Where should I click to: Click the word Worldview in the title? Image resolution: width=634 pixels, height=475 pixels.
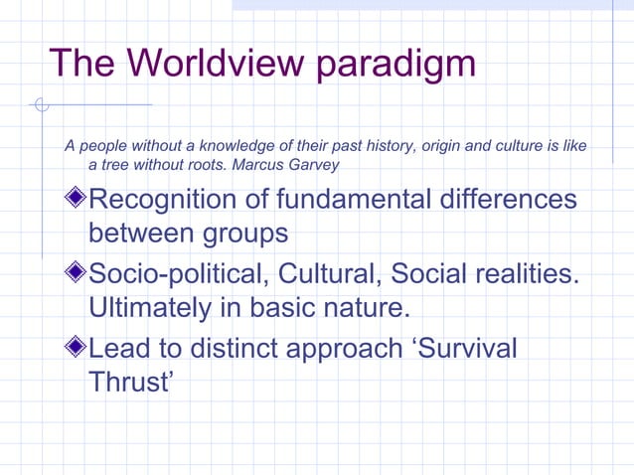tap(205, 64)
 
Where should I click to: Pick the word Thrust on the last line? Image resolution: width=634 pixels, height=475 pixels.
tap(127, 381)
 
